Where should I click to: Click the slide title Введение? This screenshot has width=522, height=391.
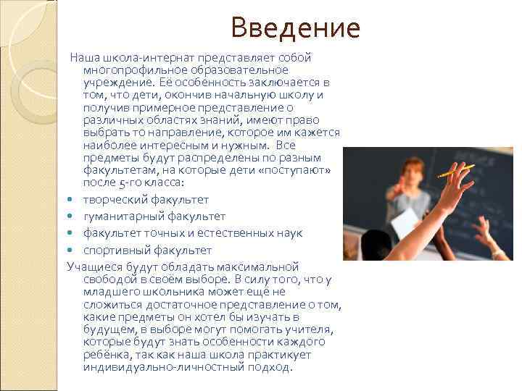295,28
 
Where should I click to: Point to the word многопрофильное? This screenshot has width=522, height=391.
130,70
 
